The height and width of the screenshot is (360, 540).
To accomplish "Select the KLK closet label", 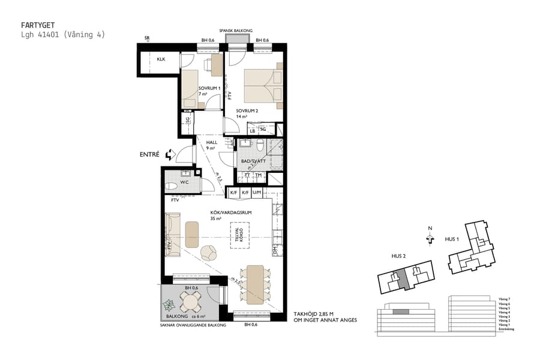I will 161,59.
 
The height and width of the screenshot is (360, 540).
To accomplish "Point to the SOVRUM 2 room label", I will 247,111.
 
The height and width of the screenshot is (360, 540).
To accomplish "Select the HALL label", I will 212,142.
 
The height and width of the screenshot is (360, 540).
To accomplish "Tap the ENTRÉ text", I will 149,155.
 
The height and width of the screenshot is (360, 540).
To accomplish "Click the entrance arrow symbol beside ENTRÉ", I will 170,155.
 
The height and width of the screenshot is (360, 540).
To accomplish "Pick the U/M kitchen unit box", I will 257,193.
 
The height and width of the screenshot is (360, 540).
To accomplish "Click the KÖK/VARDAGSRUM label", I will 226,212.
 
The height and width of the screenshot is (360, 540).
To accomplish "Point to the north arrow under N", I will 430,239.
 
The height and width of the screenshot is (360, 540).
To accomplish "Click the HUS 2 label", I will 399,256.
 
